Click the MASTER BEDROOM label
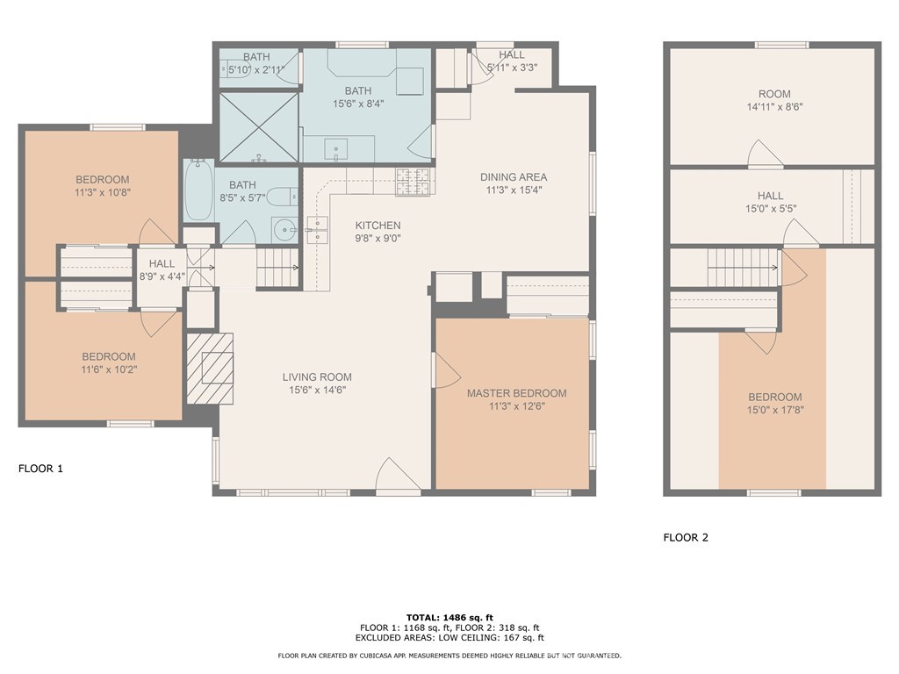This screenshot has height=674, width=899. click(x=516, y=393)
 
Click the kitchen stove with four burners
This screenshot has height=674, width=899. click(x=414, y=181)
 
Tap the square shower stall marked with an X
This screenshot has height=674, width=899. click(x=259, y=128)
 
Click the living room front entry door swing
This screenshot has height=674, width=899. click(x=393, y=477)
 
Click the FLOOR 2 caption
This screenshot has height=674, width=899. click(x=686, y=538)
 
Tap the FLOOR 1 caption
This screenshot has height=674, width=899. click(x=40, y=469)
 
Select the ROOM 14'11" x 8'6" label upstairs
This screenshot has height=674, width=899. click(x=774, y=94)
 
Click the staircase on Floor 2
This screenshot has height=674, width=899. click(x=743, y=261)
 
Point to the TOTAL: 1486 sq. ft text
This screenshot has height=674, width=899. click(x=449, y=617)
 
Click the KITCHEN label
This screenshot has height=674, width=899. click(x=378, y=226)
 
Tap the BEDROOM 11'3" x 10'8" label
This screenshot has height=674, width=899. click(x=102, y=180)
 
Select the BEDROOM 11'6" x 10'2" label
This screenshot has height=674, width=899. click(x=109, y=356)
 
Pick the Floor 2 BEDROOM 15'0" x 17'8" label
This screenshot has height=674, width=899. click(x=774, y=397)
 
